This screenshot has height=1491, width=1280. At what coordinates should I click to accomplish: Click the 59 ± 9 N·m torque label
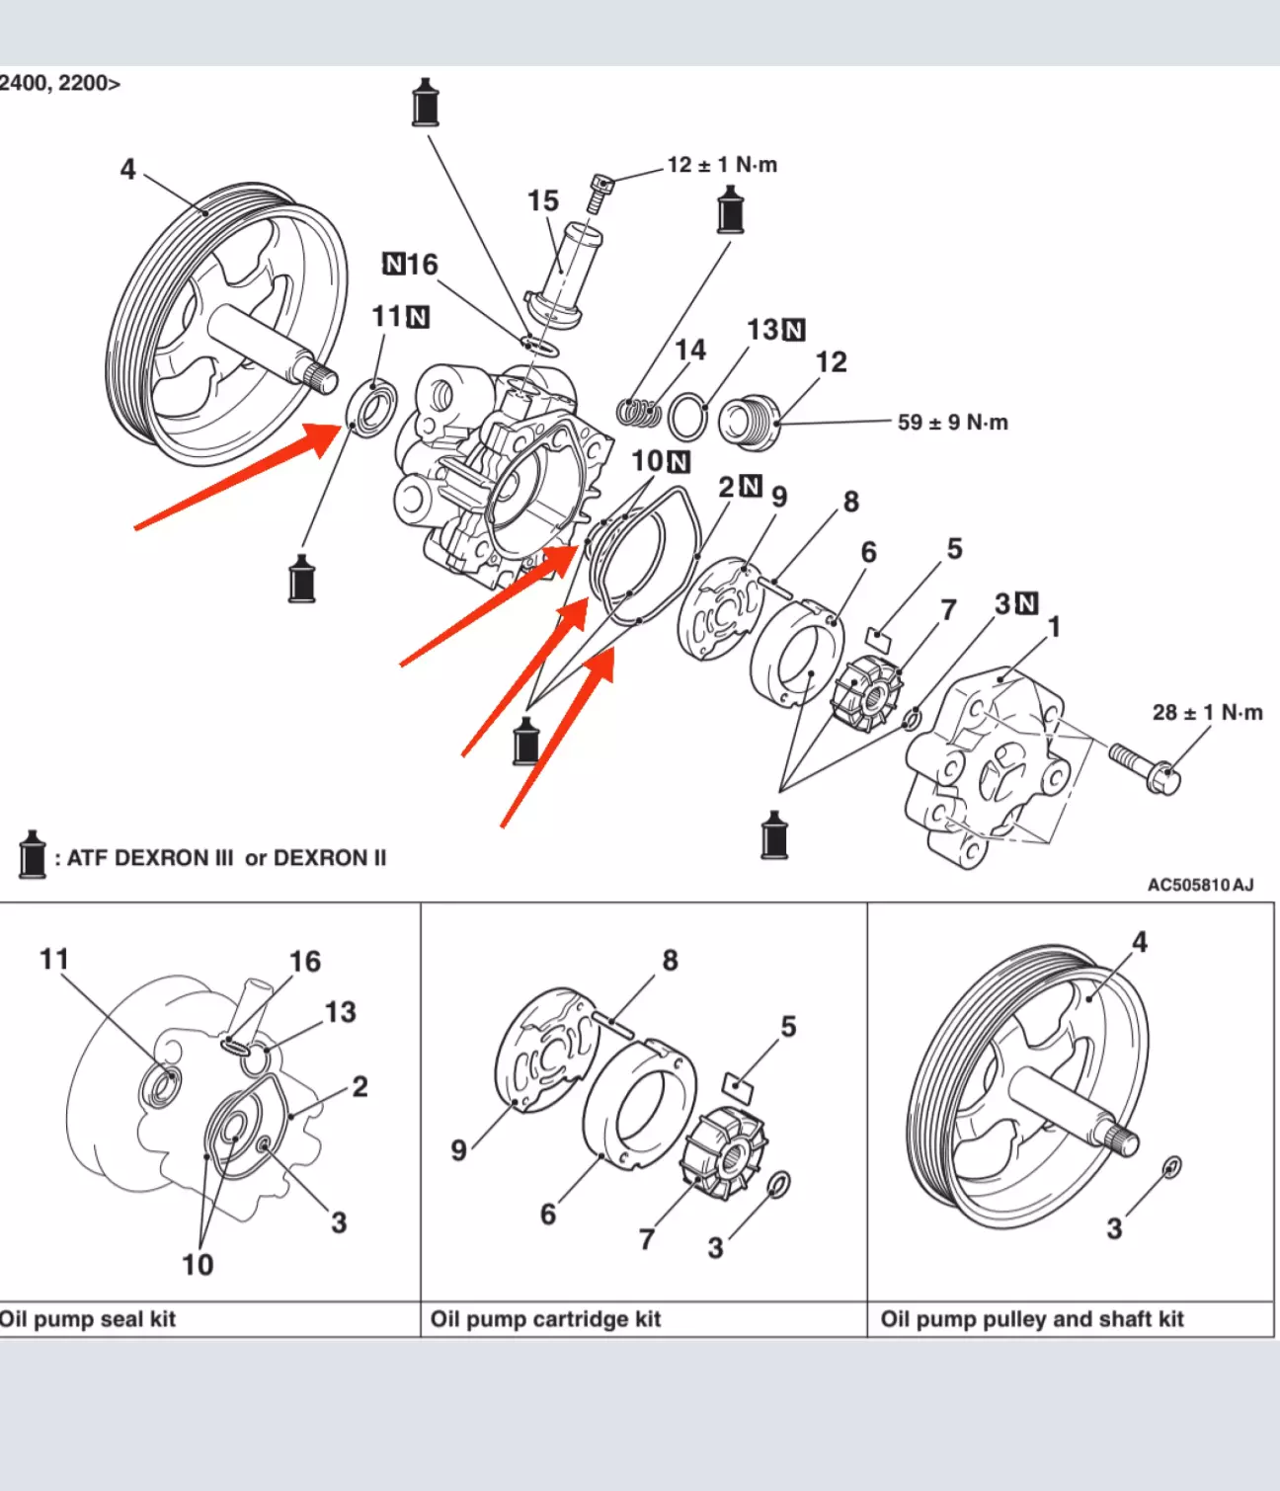(x=952, y=422)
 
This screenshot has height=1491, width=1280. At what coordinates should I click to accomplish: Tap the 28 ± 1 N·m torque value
(x=1207, y=713)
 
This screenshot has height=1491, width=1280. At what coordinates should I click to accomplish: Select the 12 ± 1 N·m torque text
(x=722, y=165)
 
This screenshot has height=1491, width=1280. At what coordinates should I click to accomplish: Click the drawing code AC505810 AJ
(x=1201, y=885)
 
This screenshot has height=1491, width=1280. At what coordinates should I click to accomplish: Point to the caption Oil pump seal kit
(x=87, y=1318)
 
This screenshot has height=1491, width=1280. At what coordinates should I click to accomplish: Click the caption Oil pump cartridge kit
(x=545, y=1318)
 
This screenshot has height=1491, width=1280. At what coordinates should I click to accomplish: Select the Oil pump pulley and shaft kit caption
(x=1032, y=1318)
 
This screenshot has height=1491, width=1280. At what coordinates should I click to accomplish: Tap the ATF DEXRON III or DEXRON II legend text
(x=226, y=858)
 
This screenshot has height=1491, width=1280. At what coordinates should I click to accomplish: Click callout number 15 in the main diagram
(x=542, y=200)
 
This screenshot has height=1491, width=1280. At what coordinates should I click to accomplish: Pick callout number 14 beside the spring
(x=689, y=350)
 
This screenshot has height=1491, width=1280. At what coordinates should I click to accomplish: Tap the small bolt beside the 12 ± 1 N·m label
(x=600, y=193)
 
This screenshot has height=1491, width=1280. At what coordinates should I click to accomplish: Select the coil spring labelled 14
(x=639, y=412)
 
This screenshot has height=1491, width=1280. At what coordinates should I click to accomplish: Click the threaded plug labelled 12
(x=750, y=423)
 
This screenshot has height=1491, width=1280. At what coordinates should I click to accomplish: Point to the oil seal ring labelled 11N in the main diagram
(x=372, y=407)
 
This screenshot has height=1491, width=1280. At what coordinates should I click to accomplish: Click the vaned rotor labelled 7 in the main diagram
(x=867, y=696)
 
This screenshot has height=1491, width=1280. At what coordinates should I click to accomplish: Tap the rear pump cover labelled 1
(x=996, y=767)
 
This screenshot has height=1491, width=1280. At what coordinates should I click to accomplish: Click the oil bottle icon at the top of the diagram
(x=426, y=103)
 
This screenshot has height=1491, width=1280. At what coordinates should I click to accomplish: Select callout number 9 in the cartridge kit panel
(x=459, y=1149)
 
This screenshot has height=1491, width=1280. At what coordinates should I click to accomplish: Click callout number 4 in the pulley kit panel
(x=1140, y=941)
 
